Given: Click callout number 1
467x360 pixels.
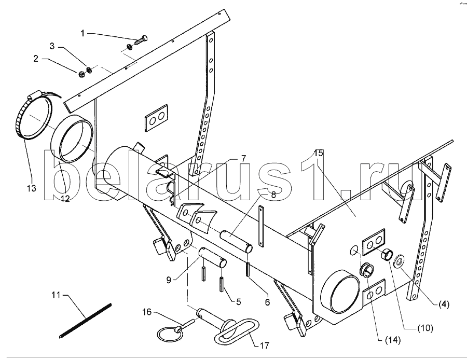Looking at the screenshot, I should coord(83,33).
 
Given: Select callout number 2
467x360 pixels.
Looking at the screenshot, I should coord(36,59).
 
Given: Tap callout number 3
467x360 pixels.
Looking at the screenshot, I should coord(52,46).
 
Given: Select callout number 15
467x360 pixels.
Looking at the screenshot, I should coord(319,153).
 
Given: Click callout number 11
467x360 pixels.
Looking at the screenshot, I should coord(56,296).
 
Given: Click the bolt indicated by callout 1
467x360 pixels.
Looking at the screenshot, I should coord(141,39).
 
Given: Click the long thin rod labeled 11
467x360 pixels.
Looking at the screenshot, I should coord(86,320).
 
